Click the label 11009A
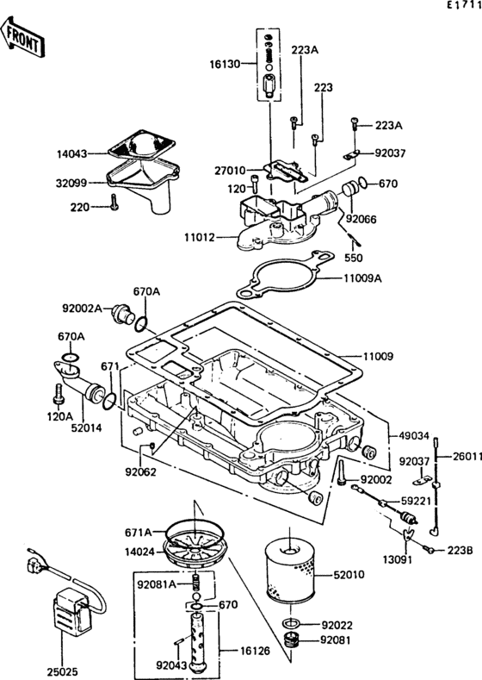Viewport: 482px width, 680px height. pyautogui.click(x=363, y=279)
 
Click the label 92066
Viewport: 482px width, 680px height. pyautogui.click(x=362, y=219)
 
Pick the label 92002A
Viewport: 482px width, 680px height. pyautogui.click(x=82, y=307)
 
